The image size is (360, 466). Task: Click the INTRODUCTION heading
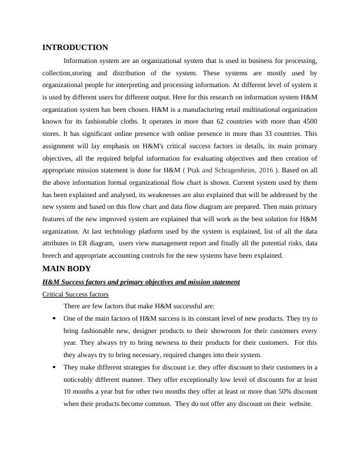click(75, 48)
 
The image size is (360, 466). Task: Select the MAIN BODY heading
click(66, 269)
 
